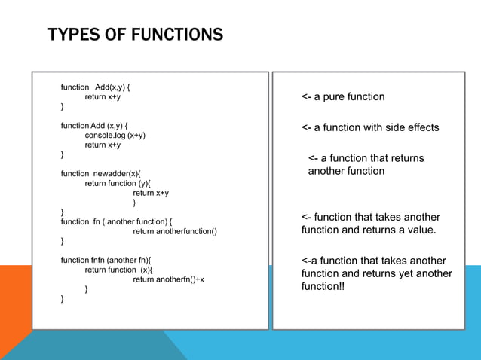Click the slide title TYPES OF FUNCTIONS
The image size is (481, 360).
tap(135, 35)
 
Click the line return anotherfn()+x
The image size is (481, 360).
tap(168, 279)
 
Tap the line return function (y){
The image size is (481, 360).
tap(118, 183)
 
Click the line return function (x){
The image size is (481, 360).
tap(118, 270)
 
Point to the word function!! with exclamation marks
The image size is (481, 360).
tap(323, 287)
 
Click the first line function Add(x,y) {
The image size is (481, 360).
tap(96, 87)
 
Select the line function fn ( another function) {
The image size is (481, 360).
tap(117, 221)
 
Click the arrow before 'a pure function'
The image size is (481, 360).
tap(306, 96)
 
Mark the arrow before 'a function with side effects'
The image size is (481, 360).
tap(306, 127)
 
